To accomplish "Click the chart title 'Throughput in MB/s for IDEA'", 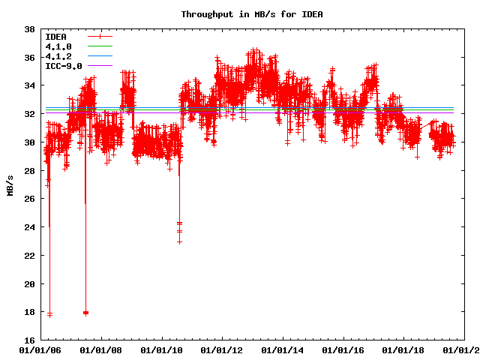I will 241,14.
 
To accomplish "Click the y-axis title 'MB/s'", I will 10,185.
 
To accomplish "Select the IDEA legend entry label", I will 55,37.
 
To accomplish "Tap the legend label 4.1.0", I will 58,46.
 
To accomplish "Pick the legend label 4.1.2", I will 58,56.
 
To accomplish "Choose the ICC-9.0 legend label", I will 63,66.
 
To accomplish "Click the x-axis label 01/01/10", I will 160,350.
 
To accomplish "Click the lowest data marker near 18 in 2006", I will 49,314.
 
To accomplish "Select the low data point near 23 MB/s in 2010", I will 180,241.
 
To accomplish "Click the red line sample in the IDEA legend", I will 100,37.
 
